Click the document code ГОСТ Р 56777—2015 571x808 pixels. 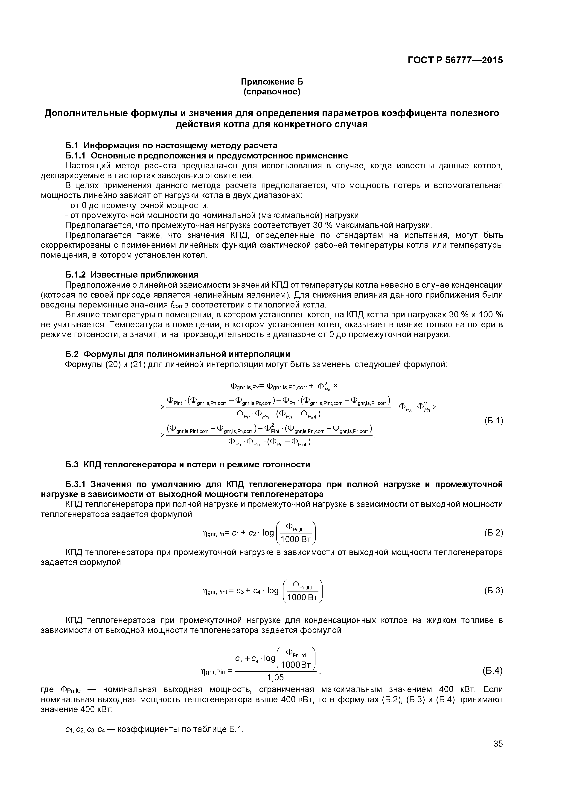tap(455, 61)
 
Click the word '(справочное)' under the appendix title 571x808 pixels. tap(272, 92)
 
